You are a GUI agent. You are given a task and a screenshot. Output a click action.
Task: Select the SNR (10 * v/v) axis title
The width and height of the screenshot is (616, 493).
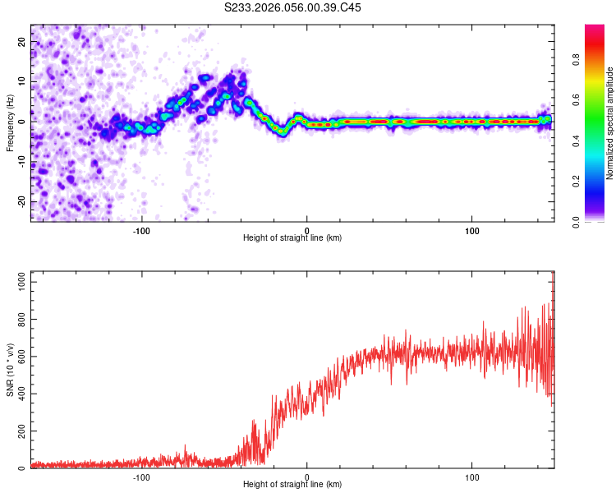(x=10, y=371)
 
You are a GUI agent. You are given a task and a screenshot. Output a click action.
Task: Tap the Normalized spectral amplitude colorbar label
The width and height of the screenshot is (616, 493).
(x=610, y=123)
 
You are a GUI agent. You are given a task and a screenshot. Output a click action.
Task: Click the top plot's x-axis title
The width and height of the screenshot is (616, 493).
(x=292, y=237)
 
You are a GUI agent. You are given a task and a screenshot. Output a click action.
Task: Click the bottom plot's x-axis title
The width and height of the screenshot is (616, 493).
(x=292, y=485)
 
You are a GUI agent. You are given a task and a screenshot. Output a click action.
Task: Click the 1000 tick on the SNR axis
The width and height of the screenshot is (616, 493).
(x=18, y=282)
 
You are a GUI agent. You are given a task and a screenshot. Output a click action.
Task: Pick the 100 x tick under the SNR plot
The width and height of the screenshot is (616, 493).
(x=472, y=476)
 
